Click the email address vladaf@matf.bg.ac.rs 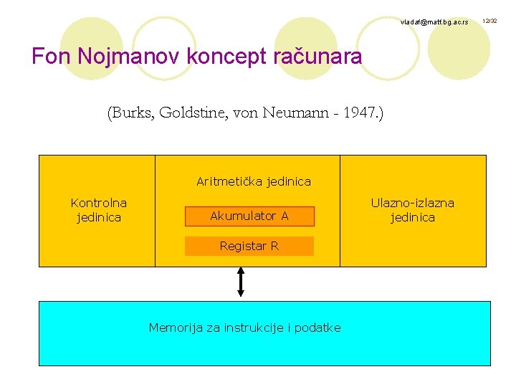tap(434, 23)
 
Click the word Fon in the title tap(49, 56)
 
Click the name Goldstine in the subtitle tap(193, 113)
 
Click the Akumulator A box tap(249, 216)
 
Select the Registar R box tap(249, 246)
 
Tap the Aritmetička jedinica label tap(254, 181)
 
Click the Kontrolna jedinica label tap(99, 210)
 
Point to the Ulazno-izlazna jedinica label tap(412, 210)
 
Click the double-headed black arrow tap(241, 281)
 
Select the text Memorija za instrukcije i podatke tap(244, 328)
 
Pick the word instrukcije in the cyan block tap(252, 328)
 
